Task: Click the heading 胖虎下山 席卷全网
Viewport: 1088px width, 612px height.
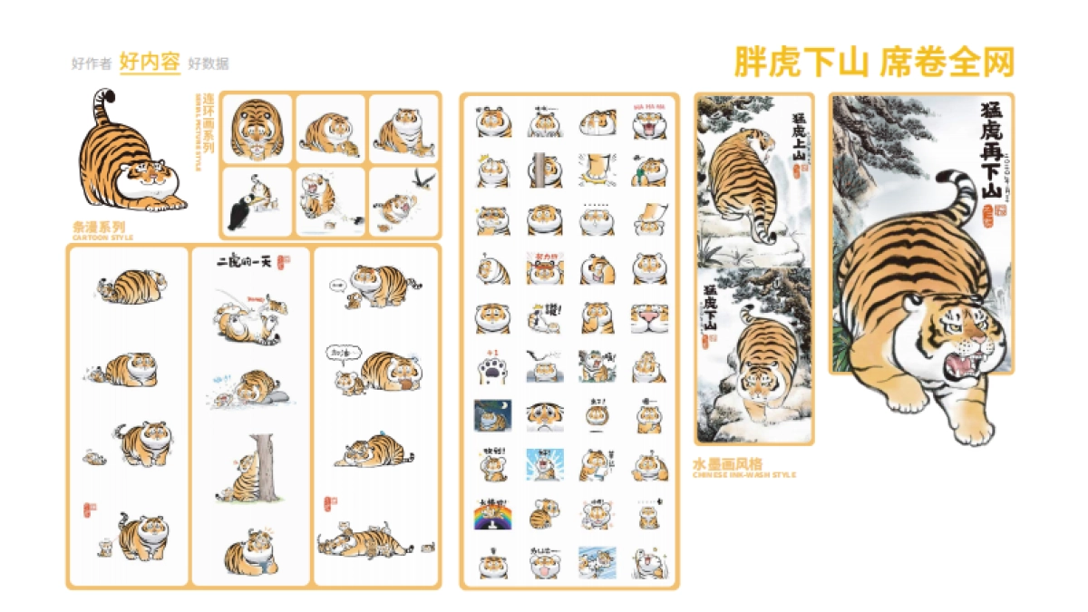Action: [873, 62]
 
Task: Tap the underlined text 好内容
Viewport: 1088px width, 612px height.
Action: [150, 63]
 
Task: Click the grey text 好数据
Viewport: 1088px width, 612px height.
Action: [209, 63]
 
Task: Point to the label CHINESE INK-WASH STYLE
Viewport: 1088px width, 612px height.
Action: [743, 473]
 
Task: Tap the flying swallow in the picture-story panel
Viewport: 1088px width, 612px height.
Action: [422, 178]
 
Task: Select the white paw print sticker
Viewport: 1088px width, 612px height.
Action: [493, 369]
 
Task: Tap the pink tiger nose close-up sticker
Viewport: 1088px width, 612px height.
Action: [649, 318]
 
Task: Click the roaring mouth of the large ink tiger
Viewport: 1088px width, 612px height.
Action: [959, 368]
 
